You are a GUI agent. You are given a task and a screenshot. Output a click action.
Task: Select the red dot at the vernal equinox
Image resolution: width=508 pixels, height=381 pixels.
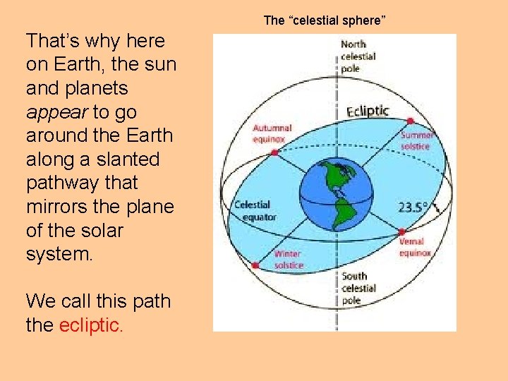tap(401, 231)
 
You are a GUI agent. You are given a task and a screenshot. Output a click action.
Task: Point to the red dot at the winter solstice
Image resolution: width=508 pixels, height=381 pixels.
tap(255, 266)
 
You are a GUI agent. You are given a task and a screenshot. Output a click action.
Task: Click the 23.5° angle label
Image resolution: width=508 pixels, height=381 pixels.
tap(413, 207)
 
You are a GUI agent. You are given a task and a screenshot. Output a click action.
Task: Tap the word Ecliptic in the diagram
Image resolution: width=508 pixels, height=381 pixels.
tap(368, 111)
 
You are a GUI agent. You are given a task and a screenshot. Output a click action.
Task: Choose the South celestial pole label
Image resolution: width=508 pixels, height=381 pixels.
tap(358, 288)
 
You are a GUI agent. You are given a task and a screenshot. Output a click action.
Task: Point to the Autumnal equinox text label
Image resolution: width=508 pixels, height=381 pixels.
tap(272, 133)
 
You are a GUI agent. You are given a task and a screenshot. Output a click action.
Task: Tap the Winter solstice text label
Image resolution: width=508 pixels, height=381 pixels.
tap(288, 259)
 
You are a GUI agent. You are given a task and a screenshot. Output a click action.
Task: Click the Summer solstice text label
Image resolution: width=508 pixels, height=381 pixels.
tap(416, 140)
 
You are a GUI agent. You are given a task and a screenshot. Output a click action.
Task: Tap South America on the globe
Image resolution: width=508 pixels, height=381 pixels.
tap(343, 207)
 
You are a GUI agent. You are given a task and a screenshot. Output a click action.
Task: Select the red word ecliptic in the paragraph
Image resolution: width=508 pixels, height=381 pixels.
tap(92, 325)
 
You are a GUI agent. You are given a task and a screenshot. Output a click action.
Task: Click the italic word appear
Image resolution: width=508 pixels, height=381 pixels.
tap(57, 112)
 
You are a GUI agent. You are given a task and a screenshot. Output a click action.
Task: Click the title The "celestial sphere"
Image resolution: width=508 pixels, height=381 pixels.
tap(325, 20)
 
